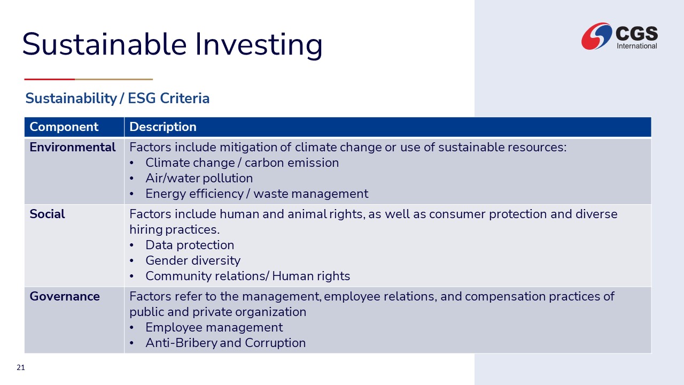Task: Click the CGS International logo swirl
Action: [x=596, y=36]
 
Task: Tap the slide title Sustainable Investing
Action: [x=172, y=44]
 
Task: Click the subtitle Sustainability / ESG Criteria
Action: [x=117, y=98]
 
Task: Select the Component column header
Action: [x=64, y=127]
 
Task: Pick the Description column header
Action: [x=163, y=127]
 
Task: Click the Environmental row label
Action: [x=72, y=147]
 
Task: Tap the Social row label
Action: [x=47, y=214]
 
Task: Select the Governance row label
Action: [x=65, y=296]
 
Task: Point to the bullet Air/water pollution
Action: [x=199, y=178]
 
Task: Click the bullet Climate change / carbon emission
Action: [x=242, y=163]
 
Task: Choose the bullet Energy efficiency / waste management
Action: [x=257, y=194]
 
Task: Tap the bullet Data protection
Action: [x=190, y=245]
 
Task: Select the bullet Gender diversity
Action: [x=193, y=260]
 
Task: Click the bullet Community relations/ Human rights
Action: [x=247, y=276]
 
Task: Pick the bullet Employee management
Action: [x=214, y=328]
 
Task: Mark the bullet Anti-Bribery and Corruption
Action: [x=226, y=343]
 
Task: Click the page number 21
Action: [x=21, y=367]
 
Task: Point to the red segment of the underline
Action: [x=50, y=80]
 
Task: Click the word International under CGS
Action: [x=637, y=46]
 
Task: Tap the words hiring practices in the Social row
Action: [x=174, y=230]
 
